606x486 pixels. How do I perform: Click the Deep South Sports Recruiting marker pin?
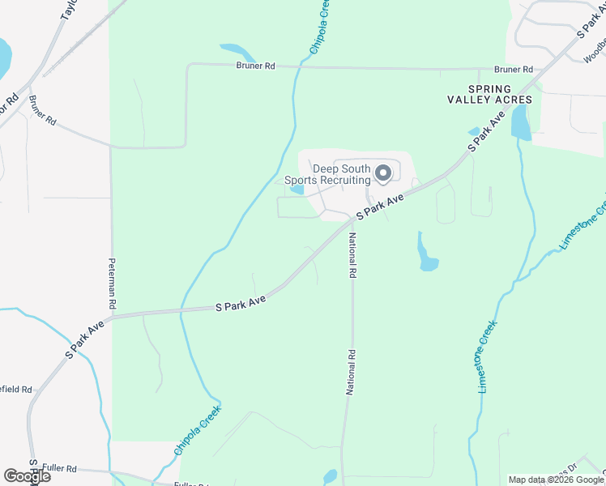pos(384,173)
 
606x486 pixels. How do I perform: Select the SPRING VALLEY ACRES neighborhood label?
pos(489,94)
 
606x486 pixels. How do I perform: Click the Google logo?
pos(27,476)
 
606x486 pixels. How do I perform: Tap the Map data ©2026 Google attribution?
pos(555,480)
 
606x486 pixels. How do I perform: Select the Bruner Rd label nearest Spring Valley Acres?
pos(515,70)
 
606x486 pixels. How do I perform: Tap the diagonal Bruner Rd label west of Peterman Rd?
pos(42,109)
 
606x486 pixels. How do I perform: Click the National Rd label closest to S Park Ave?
pos(352,256)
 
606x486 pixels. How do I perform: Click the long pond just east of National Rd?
pos(426,254)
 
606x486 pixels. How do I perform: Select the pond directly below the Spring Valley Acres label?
pos(520,123)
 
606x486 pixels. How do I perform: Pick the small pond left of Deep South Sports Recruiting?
pos(297,190)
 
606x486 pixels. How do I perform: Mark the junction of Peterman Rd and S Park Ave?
pos(111,317)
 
